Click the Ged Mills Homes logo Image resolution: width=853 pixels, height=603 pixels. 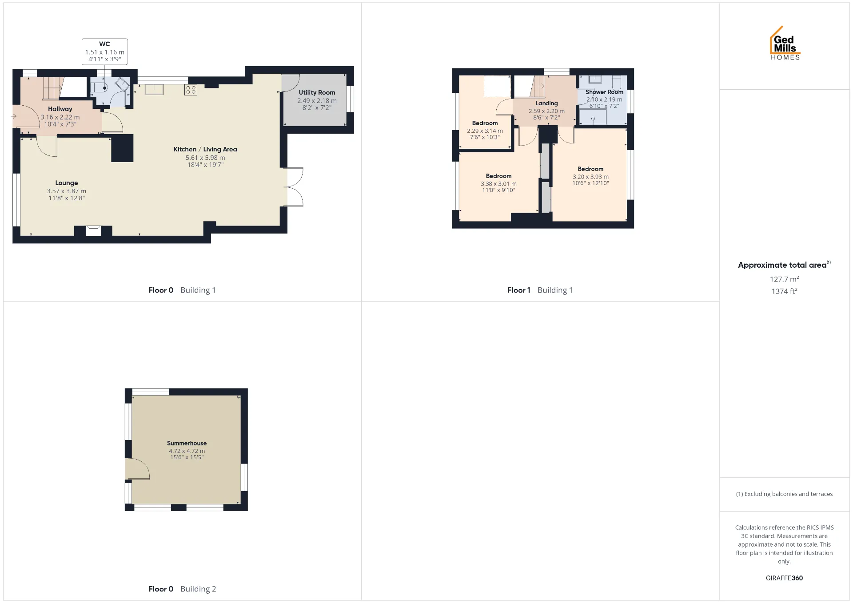pos(785,43)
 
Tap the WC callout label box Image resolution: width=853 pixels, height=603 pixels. pos(104,52)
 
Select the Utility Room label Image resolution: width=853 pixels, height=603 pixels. pos(317,92)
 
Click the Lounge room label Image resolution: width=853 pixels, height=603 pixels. pos(67,183)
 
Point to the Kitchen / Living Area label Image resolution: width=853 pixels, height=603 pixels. pos(205,149)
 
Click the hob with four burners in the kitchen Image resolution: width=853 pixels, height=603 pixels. pos(191,90)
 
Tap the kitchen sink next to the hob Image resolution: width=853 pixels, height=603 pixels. pos(154,89)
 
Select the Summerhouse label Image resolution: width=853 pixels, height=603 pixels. pos(187,443)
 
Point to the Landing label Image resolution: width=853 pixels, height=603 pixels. pos(546,103)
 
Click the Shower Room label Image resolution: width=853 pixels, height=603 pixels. pos(604,92)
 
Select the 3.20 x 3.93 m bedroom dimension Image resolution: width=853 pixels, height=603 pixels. pos(590,177)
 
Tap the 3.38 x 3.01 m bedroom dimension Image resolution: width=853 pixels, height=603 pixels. pos(498,184)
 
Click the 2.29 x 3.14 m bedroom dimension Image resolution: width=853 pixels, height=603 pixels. pos(485,131)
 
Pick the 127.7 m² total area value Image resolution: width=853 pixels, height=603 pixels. pos(784,279)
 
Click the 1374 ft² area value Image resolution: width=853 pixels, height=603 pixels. pos(784,291)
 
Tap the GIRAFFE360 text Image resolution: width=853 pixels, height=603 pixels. pos(784,578)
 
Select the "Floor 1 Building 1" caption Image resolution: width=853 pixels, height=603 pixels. pos(540,290)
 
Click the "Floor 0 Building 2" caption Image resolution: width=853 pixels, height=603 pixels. pos(182,589)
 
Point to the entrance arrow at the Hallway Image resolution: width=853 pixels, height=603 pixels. pos(14,117)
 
